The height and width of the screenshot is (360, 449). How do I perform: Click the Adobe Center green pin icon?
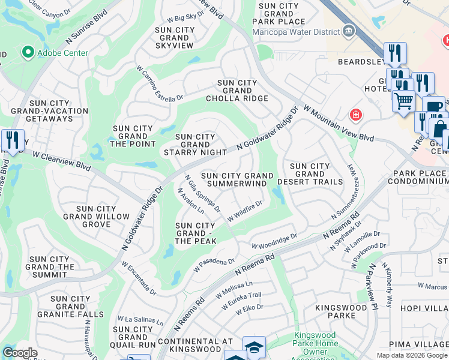click(27, 53)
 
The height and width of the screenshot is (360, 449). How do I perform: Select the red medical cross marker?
click(356, 114)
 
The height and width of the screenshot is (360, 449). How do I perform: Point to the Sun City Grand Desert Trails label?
click(310, 174)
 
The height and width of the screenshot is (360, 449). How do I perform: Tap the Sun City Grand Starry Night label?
click(195, 145)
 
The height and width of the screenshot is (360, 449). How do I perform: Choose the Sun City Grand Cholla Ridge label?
click(237, 91)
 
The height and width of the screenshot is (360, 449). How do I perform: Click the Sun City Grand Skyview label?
click(174, 37)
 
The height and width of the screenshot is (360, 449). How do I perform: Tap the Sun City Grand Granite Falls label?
click(70, 306)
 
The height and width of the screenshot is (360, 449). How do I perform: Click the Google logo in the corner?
click(20, 353)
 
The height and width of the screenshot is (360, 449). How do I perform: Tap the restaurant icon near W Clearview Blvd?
click(12, 140)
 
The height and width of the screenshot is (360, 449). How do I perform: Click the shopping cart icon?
click(403, 101)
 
